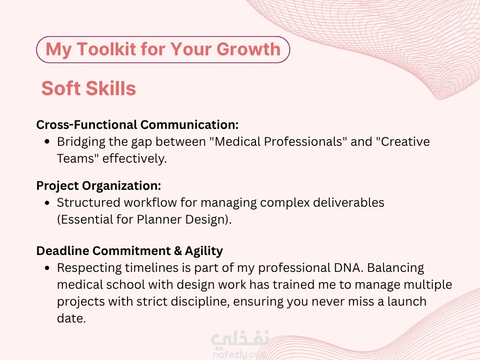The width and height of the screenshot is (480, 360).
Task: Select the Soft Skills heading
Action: (89, 88)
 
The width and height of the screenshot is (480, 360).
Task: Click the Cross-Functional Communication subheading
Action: (137, 125)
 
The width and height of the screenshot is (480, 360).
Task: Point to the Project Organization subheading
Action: (98, 186)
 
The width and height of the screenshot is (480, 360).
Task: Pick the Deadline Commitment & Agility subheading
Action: (129, 251)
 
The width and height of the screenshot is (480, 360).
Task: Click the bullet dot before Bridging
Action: (47, 142)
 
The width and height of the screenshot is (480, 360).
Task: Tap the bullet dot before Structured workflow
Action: (47, 202)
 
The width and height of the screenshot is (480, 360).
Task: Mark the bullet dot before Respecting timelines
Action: (47, 268)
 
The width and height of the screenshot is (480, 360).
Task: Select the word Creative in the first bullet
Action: (405, 142)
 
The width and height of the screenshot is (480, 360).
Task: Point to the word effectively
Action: (135, 158)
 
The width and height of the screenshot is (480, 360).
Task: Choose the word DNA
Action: (348, 268)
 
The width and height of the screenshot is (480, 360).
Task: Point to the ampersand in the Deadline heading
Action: (178, 251)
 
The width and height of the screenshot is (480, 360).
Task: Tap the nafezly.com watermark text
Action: (240, 355)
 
